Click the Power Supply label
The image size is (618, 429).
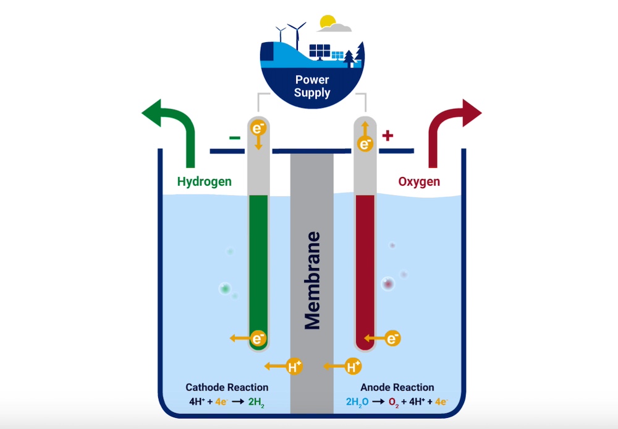point(312,87)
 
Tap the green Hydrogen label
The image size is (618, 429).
point(204,181)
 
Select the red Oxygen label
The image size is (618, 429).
point(418,181)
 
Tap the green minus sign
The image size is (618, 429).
point(235,137)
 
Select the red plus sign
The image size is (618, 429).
point(387,136)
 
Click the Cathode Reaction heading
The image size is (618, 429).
point(227,388)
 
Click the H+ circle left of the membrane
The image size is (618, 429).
point(295,366)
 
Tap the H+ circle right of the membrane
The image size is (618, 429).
point(352,366)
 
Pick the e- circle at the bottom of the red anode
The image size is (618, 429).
point(392,338)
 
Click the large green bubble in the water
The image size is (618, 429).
point(225,288)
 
